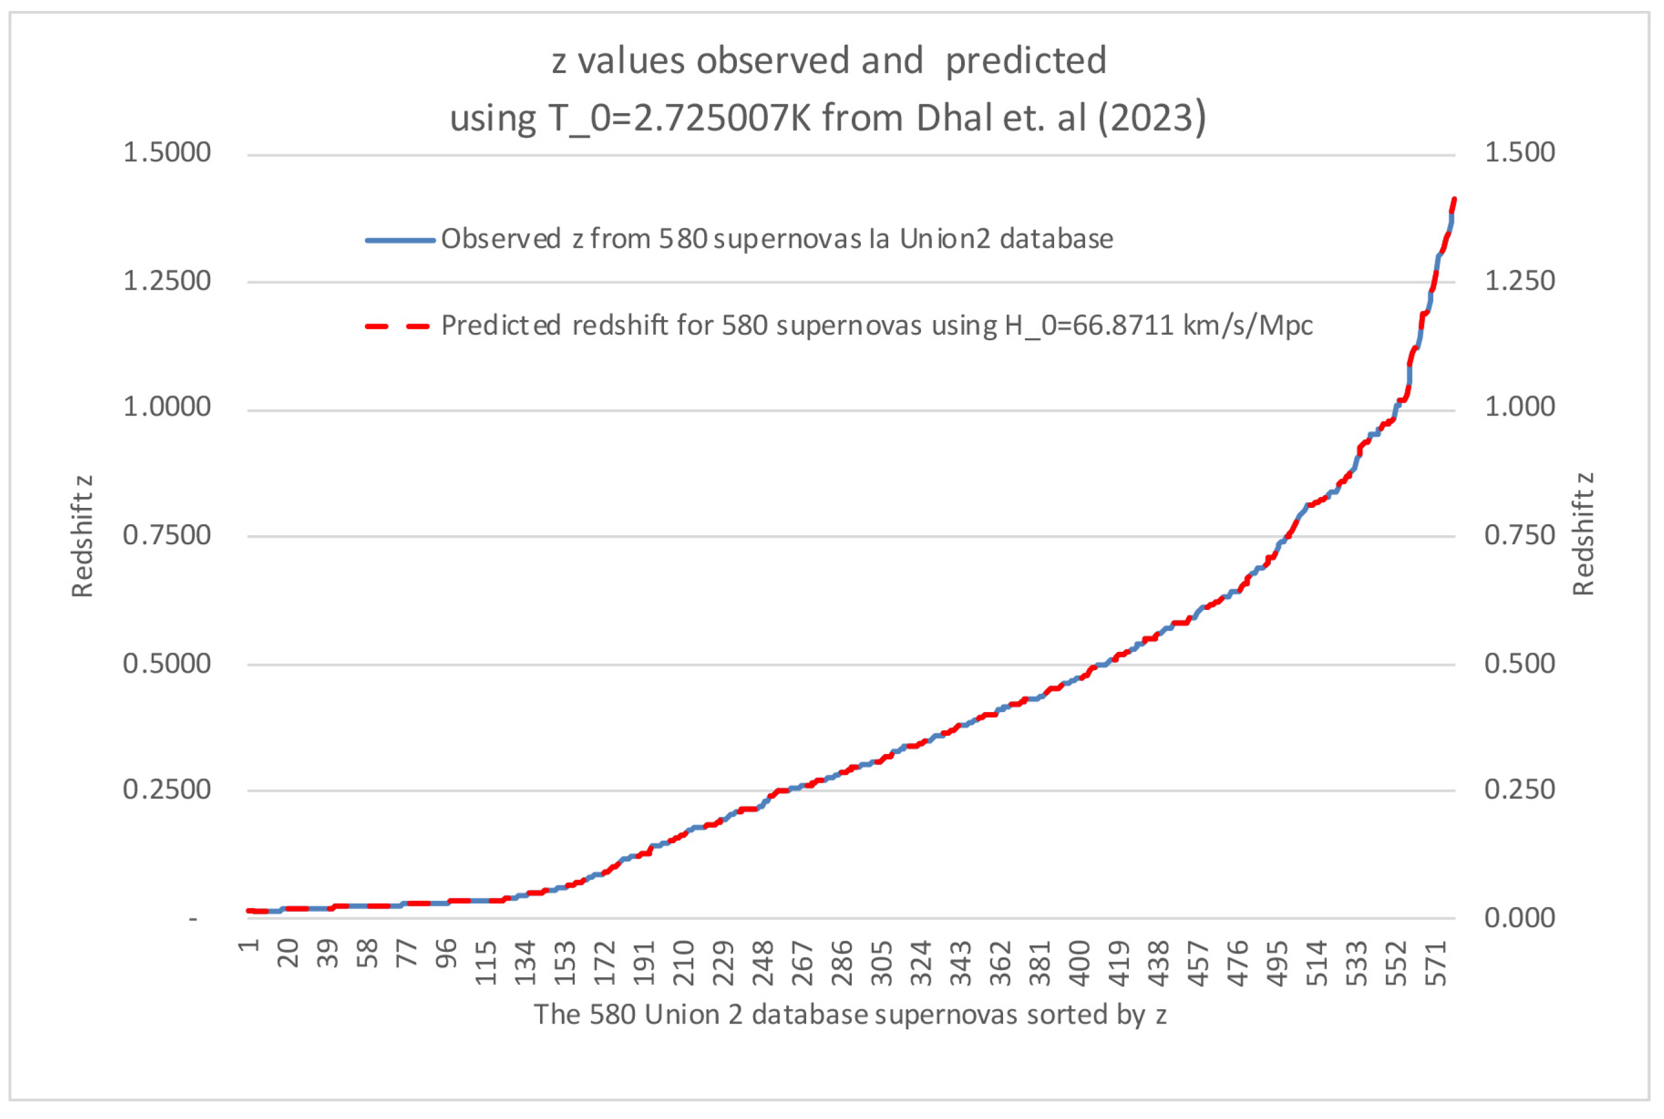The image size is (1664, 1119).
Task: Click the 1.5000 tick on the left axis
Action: coord(167,152)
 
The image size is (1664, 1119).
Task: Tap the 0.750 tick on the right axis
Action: coord(1519,535)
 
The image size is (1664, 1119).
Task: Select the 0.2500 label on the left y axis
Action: coord(167,790)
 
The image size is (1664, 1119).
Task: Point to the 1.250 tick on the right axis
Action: coord(1519,281)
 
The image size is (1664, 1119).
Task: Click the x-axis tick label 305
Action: coord(883,963)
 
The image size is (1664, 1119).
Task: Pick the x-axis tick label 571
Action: coord(1436,963)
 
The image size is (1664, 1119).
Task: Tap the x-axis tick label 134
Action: coord(525,963)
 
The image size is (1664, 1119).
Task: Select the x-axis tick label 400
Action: coord(1080,963)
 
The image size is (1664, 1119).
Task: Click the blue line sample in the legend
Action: coord(400,241)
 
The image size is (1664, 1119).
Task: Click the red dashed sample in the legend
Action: coord(397,327)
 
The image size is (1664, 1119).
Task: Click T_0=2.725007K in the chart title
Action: coord(679,118)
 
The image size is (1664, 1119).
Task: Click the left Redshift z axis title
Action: coord(82,536)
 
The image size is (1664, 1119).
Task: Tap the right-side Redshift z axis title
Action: coord(1583,535)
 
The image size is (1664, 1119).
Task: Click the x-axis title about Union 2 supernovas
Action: coord(850,1014)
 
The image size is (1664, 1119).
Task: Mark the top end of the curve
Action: coord(1454,200)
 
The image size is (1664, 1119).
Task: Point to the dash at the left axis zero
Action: coord(193,919)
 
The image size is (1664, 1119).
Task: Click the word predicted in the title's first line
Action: coord(1025,61)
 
